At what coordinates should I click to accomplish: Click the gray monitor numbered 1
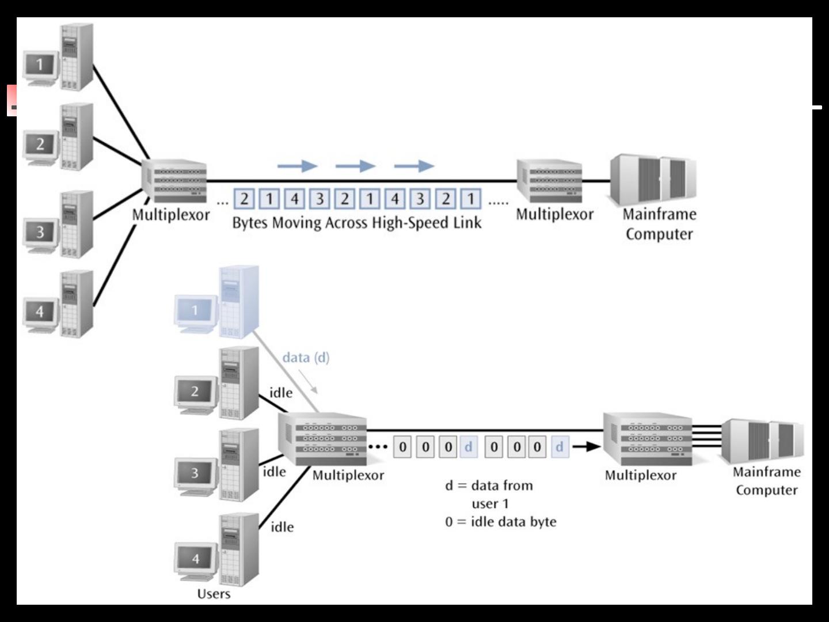[40, 65]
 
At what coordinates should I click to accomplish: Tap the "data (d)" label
[306, 358]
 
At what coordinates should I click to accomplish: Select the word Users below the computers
[214, 594]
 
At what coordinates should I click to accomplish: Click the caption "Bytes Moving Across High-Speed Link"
[356, 223]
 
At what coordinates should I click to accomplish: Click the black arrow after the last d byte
[587, 447]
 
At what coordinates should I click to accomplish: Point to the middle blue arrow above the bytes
[355, 166]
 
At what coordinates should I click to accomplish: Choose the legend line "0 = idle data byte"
[500, 522]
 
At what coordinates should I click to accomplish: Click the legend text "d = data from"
[489, 486]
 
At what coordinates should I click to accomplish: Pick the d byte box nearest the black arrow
[559, 447]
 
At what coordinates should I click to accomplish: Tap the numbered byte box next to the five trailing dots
[471, 199]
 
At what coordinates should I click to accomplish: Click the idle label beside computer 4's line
[282, 527]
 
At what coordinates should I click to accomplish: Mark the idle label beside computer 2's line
[281, 393]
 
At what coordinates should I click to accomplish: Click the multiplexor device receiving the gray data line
[322, 438]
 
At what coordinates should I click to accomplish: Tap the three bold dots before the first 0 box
[378, 447]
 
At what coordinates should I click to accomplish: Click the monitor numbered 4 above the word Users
[196, 558]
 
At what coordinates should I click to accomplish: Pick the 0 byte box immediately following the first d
[493, 447]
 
